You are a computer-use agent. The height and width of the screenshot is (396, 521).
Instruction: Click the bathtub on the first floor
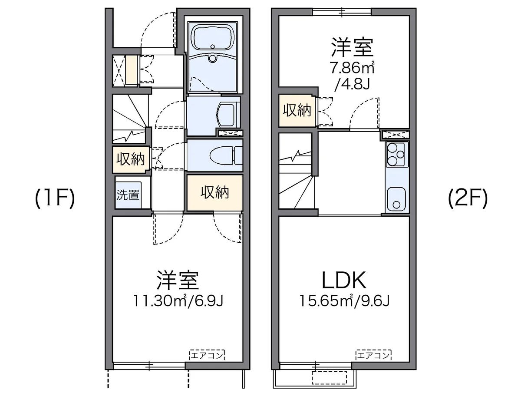click(212, 37)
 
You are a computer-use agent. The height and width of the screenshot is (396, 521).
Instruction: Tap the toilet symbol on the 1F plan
click(226, 155)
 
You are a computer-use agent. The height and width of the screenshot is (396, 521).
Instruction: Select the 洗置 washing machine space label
click(128, 195)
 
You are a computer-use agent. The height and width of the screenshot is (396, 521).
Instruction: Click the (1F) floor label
click(55, 198)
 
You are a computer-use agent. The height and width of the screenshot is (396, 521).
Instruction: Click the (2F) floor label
click(468, 198)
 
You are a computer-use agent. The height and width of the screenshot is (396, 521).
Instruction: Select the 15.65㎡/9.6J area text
click(344, 301)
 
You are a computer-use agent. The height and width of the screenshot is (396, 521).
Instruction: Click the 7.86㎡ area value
click(352, 68)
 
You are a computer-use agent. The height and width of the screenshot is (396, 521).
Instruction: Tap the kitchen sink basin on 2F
click(396, 198)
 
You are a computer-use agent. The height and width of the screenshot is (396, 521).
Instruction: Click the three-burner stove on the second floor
click(396, 154)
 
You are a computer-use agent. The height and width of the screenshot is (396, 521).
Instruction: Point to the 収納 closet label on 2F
click(297, 110)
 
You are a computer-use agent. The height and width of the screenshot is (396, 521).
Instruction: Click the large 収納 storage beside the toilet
click(214, 192)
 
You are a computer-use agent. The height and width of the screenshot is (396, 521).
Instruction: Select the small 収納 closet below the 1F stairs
click(131, 159)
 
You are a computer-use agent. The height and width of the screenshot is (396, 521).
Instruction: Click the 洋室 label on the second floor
click(352, 47)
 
